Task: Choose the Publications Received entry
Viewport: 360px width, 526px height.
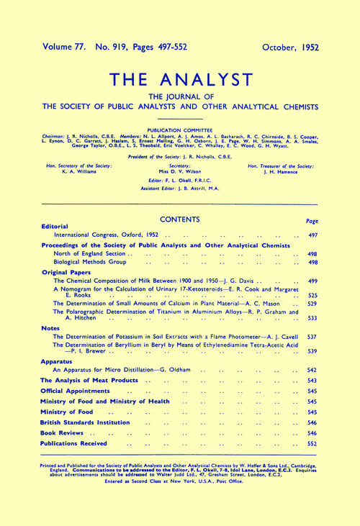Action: pyautogui.click(x=84, y=445)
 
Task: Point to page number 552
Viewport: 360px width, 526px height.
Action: pyautogui.click(x=313, y=445)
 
